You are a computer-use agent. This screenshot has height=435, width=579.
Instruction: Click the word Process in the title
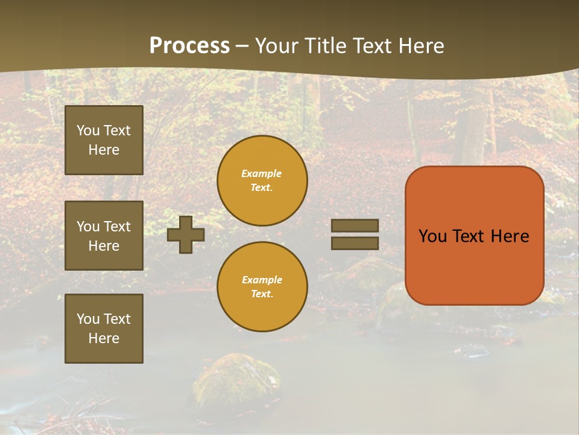point(189,46)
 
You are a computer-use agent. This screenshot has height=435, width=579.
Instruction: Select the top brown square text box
point(104,140)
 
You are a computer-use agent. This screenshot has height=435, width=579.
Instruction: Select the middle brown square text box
point(104,236)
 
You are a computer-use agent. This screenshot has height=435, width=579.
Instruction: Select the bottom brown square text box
point(104,329)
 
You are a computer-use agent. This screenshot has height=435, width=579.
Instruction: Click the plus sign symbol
point(186,235)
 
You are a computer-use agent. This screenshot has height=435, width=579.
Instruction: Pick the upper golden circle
point(262,181)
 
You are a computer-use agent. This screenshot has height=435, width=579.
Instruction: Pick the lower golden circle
point(262,287)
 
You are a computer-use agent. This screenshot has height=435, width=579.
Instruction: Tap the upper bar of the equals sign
point(355,225)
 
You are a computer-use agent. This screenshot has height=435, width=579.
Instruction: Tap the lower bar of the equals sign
point(355,243)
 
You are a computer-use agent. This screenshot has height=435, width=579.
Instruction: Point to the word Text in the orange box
point(469,236)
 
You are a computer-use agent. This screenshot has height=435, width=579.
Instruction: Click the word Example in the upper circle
point(262,174)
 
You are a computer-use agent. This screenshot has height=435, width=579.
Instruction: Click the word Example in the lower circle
point(262,280)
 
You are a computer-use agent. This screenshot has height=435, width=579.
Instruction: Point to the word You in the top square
point(87,130)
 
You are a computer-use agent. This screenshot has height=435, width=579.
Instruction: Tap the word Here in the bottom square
point(104,338)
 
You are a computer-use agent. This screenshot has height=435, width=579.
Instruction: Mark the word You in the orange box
point(432,236)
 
